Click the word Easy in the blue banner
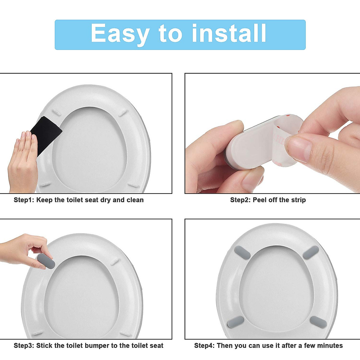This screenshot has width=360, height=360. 120,34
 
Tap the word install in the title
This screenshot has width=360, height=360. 229,34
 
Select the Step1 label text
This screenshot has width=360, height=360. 24,200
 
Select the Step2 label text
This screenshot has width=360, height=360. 240,200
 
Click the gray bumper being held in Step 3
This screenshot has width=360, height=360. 46,261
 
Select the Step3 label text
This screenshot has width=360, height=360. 24,346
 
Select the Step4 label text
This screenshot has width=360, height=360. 204,346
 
